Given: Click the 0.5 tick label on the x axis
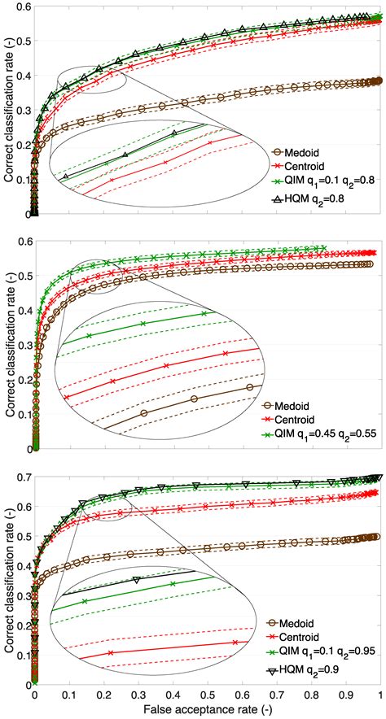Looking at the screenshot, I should (x=208, y=696).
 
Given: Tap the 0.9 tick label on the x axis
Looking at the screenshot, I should (x=346, y=696).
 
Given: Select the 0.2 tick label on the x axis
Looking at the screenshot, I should (x=103, y=696).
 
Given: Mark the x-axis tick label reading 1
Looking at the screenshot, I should (x=380, y=696).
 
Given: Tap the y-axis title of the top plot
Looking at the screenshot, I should (x=8, y=111).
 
